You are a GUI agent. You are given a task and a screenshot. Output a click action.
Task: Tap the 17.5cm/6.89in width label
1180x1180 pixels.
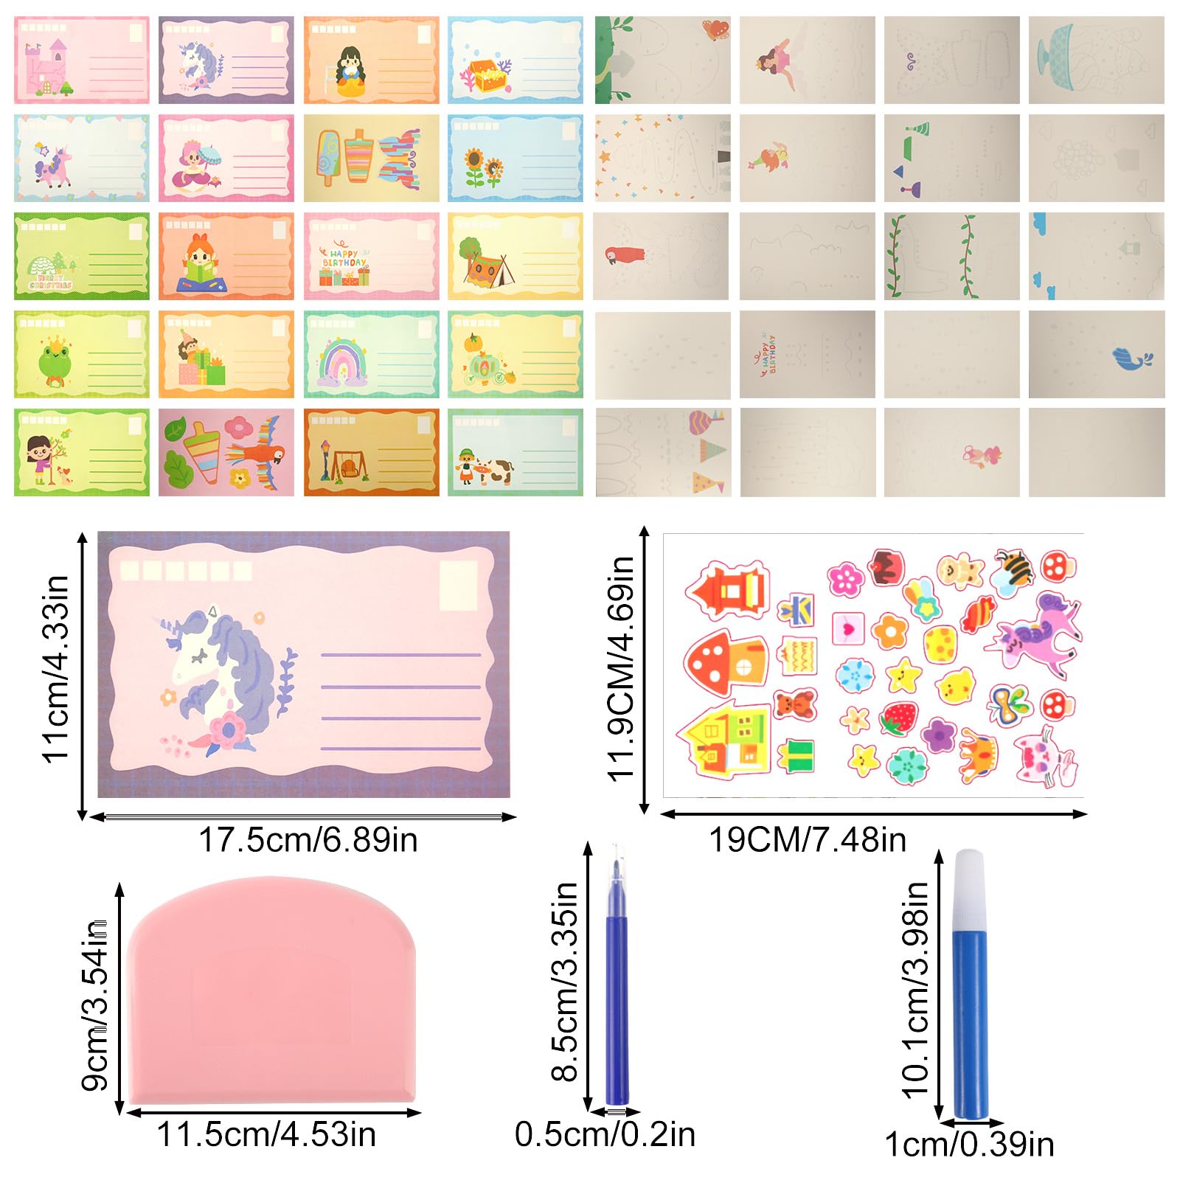(x=308, y=840)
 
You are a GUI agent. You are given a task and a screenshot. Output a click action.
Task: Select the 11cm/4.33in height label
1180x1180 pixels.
(x=56, y=668)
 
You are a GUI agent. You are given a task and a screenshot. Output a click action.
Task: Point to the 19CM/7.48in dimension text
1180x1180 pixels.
(x=808, y=840)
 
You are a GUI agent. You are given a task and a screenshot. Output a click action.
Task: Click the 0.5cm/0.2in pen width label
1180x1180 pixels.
(x=605, y=1134)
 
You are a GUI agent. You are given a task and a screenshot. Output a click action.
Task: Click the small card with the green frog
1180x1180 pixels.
(x=81, y=354)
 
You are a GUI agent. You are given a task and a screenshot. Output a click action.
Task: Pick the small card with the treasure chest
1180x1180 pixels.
(x=515, y=60)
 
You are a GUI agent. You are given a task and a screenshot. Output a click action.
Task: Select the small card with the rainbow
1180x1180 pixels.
(x=371, y=354)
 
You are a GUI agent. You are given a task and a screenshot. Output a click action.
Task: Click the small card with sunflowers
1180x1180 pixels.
(x=515, y=158)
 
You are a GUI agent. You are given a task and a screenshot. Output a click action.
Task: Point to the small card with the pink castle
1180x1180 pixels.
(x=81, y=60)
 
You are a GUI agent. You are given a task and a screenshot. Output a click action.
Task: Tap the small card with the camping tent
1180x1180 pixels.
(x=515, y=256)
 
